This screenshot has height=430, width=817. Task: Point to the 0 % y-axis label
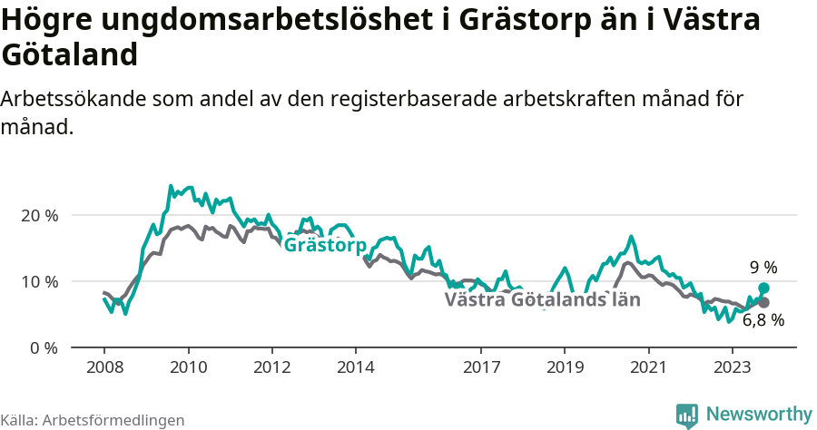(x=44, y=347)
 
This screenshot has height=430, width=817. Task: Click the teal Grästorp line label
(x=325, y=246)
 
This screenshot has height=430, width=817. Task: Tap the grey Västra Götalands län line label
(x=543, y=299)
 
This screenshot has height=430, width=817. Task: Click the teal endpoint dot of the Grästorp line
(x=763, y=288)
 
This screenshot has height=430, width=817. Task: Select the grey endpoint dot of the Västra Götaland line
(x=763, y=302)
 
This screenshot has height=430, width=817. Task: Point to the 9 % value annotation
(x=763, y=268)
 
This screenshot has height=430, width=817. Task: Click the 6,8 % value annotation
(x=763, y=320)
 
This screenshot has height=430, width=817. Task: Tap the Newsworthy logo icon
(x=687, y=415)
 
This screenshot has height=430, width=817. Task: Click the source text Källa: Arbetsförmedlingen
(x=93, y=420)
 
